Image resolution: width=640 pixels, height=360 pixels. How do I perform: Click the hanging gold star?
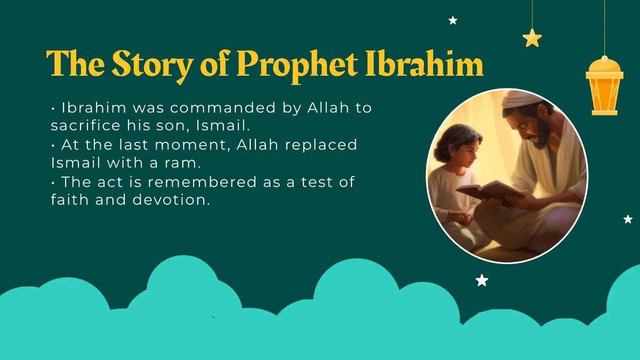532,38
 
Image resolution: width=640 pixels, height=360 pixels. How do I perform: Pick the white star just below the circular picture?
482,280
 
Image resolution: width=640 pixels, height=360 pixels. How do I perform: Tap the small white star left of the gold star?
453,20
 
